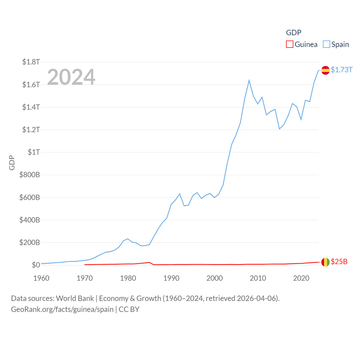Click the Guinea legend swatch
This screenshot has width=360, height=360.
290,44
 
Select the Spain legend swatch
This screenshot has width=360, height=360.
326,44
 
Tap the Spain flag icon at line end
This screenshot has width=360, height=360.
325,70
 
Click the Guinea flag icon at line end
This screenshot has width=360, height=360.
325,262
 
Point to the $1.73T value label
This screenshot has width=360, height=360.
341,70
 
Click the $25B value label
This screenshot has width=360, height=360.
339,262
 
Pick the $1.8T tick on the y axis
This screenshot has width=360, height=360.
31,62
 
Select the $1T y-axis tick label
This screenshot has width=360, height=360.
34,152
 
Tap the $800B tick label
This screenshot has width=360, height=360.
30,175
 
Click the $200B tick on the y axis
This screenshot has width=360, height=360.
30,242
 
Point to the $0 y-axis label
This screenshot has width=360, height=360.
36,265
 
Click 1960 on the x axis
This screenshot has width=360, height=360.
41,278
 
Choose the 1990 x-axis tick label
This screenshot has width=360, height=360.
171,278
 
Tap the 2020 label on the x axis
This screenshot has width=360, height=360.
301,278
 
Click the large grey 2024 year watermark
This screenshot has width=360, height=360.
71,77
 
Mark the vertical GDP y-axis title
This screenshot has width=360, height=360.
12,163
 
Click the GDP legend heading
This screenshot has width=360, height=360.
294,33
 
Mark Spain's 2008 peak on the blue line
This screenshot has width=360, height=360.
249,81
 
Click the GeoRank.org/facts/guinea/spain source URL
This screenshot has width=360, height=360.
62,309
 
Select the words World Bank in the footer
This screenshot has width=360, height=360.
75,298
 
